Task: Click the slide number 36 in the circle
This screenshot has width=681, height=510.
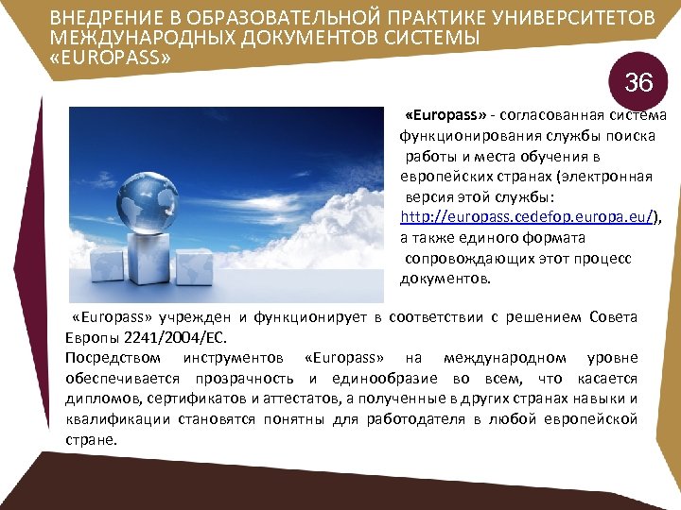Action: coord(638,83)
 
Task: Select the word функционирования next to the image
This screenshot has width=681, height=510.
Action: coord(462,135)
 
